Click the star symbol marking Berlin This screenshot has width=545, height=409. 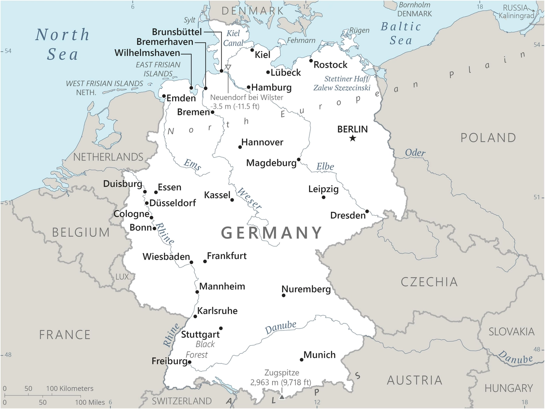(x=352, y=138)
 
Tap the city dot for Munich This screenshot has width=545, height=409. (x=301, y=360)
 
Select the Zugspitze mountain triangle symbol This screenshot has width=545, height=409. (x=282, y=397)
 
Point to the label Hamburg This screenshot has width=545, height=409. (x=271, y=87)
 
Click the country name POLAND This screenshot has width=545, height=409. (x=488, y=138)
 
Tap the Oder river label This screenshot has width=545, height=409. (x=415, y=153)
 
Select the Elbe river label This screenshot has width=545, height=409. (x=325, y=167)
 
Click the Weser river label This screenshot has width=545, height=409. (x=249, y=198)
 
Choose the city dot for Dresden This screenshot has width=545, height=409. (x=367, y=211)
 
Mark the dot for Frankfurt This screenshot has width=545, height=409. (x=205, y=261)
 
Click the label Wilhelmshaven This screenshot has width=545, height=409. (x=147, y=53)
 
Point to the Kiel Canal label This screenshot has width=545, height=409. (x=233, y=38)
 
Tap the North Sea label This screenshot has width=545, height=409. (x=62, y=44)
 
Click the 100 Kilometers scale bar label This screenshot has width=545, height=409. (x=70, y=388)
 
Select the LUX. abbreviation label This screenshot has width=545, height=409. (x=123, y=277)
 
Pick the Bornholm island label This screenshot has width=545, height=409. (x=415, y=5)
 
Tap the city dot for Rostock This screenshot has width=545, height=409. (x=311, y=61)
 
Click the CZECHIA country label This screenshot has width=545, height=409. (x=429, y=282)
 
